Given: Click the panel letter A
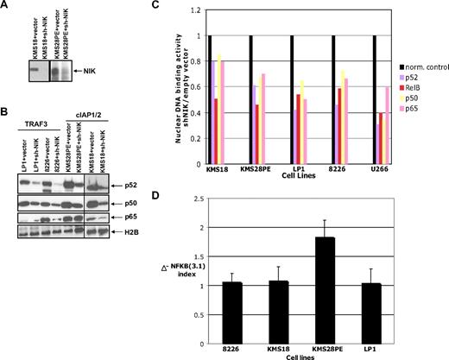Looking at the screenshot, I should [x=7, y=7].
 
